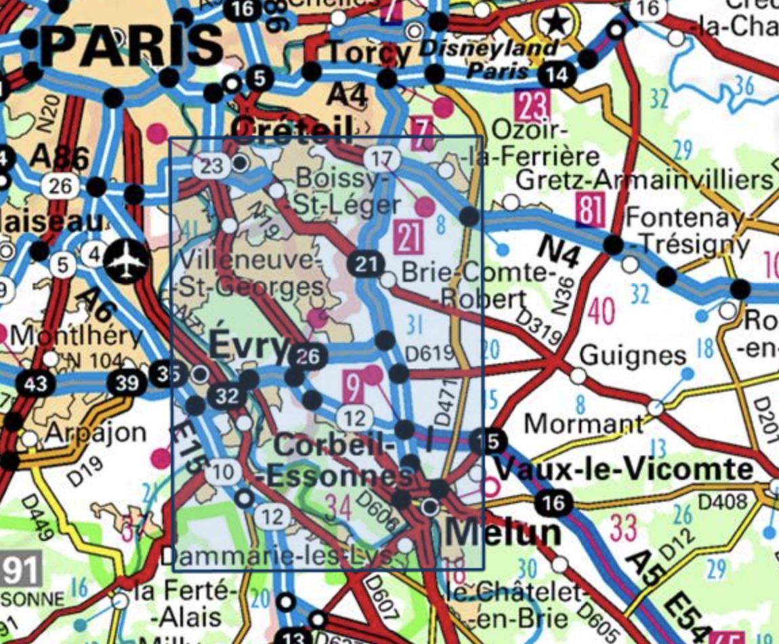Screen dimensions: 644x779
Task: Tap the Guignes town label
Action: tap(624, 355)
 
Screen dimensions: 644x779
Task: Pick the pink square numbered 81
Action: tap(591, 210)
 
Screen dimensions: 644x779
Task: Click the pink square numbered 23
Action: tap(533, 106)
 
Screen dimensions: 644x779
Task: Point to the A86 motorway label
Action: tap(60, 159)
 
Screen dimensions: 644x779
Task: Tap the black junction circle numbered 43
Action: tap(35, 384)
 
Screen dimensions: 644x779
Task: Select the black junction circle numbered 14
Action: tap(557, 74)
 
